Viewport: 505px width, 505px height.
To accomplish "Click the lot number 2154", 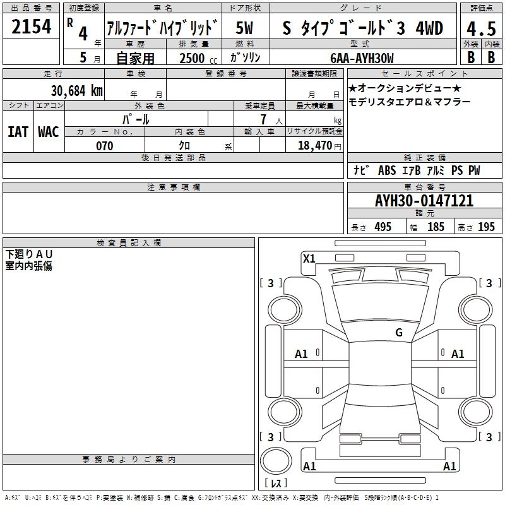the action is click(31, 27).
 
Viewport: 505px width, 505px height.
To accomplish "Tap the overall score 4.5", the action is click(481, 29).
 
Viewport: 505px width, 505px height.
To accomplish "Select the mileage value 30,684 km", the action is click(77, 91).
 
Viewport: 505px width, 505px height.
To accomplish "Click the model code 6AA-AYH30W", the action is click(362, 58).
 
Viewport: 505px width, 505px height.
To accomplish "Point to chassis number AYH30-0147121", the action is click(424, 201).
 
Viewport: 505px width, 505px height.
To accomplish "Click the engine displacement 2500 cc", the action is click(198, 58).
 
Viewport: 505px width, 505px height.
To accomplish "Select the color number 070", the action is click(105, 146).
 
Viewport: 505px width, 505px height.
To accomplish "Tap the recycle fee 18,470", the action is click(315, 146).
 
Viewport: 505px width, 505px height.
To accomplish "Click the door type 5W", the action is click(245, 28).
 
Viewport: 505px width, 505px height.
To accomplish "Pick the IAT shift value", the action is click(18, 132).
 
